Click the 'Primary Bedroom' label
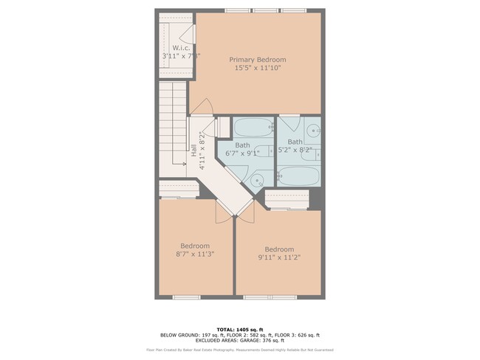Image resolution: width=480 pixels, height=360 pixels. tap(257, 59)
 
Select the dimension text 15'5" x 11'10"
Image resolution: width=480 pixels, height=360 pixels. tap(257, 68)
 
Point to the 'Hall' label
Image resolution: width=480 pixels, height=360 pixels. tap(194, 150)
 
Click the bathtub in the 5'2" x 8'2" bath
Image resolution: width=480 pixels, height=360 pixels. tap(298, 176)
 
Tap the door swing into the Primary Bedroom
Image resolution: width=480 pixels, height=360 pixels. tap(202, 107)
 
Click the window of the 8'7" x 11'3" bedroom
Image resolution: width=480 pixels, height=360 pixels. tap(186, 297)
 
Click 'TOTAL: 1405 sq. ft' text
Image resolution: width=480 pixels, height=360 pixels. tap(239, 329)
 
